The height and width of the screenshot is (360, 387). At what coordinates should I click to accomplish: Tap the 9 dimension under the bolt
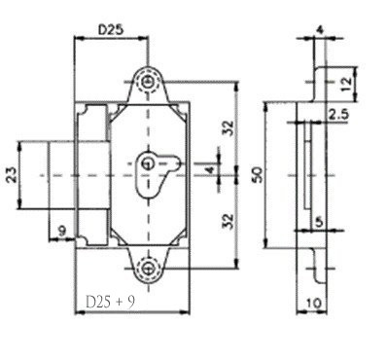point(61,230)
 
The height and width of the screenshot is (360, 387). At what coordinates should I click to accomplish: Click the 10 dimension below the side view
point(313,305)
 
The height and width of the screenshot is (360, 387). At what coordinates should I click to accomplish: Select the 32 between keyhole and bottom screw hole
point(227,220)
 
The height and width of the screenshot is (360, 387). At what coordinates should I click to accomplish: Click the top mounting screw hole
point(148,83)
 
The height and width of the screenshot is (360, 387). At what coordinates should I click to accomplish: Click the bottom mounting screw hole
point(148,268)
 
